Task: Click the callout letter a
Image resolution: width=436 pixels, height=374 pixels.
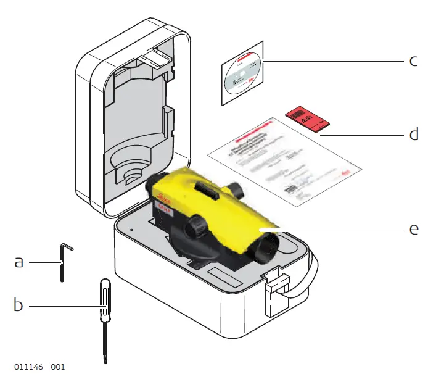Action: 19,262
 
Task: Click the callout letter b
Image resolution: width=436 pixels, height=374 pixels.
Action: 19,305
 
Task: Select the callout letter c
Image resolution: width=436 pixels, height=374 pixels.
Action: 414,60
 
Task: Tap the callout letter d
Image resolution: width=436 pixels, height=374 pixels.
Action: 414,134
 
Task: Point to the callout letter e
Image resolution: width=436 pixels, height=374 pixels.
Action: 414,228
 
